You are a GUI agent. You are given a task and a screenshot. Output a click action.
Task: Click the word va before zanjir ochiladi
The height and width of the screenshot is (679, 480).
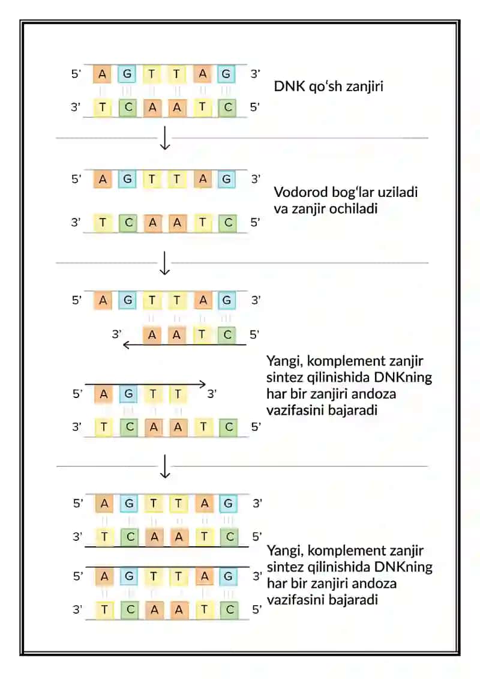click(281, 209)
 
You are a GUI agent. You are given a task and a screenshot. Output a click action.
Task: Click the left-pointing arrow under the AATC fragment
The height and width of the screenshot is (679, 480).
click(185, 345)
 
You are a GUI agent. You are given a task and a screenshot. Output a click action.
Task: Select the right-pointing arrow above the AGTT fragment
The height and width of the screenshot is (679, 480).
click(145, 384)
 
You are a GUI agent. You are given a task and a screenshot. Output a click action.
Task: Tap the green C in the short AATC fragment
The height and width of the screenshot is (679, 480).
click(227, 335)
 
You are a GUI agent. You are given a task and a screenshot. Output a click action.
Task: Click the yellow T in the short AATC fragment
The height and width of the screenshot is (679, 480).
click(202, 335)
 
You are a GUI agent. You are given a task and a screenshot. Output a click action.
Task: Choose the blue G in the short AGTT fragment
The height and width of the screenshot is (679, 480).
click(128, 394)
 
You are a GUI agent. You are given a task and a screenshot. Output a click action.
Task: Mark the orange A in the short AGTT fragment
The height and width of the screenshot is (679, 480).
click(103, 394)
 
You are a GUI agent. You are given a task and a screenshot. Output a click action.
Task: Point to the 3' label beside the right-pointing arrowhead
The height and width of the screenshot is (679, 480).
click(212, 394)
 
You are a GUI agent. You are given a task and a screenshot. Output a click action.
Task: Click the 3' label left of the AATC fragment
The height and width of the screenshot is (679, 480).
click(116, 334)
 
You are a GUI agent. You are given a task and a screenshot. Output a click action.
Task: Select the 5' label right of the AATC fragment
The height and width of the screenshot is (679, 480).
click(254, 334)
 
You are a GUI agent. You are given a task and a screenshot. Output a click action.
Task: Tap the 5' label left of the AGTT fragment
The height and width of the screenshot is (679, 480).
click(77, 394)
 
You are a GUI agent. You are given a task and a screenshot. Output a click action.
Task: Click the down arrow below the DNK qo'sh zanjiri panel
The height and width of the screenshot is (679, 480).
click(165, 138)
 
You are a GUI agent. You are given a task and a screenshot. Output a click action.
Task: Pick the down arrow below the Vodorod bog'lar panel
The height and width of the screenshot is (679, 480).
click(165, 263)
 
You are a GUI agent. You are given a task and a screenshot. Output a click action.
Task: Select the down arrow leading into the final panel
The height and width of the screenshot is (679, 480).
click(165, 466)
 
